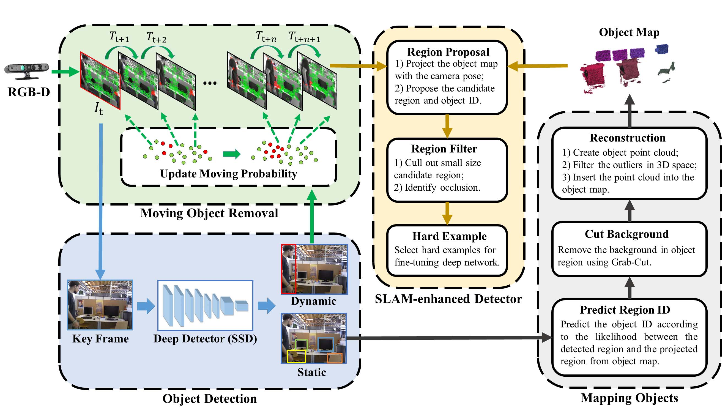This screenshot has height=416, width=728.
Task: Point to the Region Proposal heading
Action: coord(448,52)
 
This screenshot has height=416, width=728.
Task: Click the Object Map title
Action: coord(629,32)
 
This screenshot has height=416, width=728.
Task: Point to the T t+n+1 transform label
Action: coord(305,37)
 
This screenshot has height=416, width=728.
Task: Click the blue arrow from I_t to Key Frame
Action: coord(101,200)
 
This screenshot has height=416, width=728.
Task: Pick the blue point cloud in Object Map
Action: coord(662,49)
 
